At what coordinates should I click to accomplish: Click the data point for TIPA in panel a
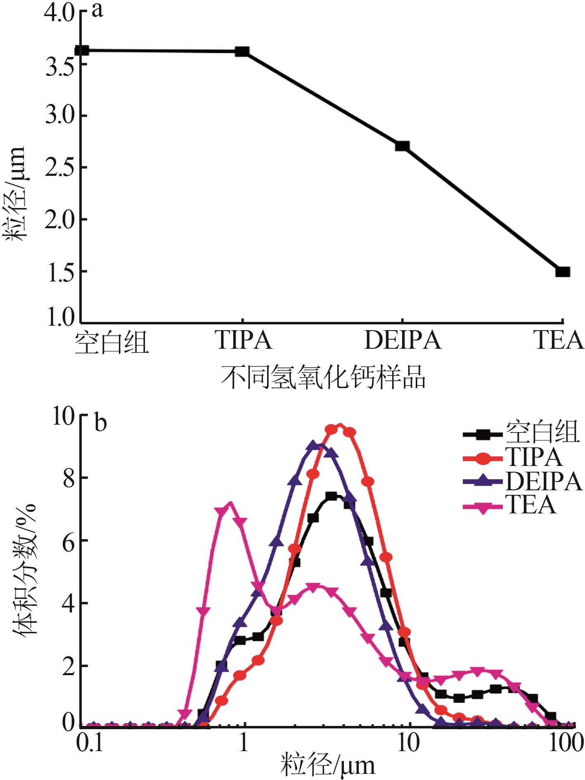point(242,52)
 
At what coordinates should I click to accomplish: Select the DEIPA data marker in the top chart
point(402,146)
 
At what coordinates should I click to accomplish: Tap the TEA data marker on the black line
point(563,272)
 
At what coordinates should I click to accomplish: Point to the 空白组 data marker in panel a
point(82,50)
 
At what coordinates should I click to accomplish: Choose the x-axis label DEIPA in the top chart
point(403,341)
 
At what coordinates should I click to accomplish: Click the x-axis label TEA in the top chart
point(559,341)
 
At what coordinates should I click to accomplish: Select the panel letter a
point(97,10)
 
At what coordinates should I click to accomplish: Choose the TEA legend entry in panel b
point(531,504)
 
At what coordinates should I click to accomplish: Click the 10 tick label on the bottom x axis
point(410,743)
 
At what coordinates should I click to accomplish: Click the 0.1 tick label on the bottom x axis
point(90,743)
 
